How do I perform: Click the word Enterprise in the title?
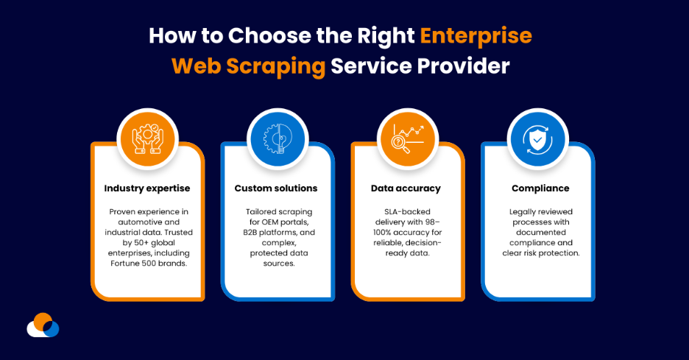coord(476,35)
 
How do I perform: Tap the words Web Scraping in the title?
coord(248,66)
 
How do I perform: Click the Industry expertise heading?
coord(147,188)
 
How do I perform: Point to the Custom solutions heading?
coord(276,188)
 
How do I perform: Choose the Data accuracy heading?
coord(406,188)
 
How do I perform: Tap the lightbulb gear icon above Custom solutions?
coord(277,138)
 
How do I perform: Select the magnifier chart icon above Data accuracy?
coord(406,138)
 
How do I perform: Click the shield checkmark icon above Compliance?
coord(537,138)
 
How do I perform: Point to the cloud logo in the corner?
coord(43,325)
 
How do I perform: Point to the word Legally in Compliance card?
coord(526,212)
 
